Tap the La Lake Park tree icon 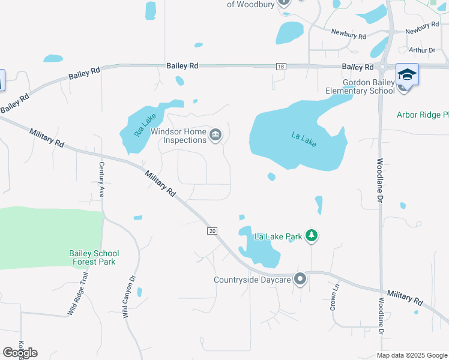coord(311,236)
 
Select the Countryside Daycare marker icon coord(301,279)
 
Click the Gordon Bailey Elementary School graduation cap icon coord(407,74)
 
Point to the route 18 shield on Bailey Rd coord(281,66)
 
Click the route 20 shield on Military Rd coord(211,231)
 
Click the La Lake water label coord(304,140)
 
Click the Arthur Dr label coord(421,50)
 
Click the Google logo coord(20,352)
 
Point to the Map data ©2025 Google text coord(411,355)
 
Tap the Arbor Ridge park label coord(423,115)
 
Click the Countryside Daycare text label coord(252,280)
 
